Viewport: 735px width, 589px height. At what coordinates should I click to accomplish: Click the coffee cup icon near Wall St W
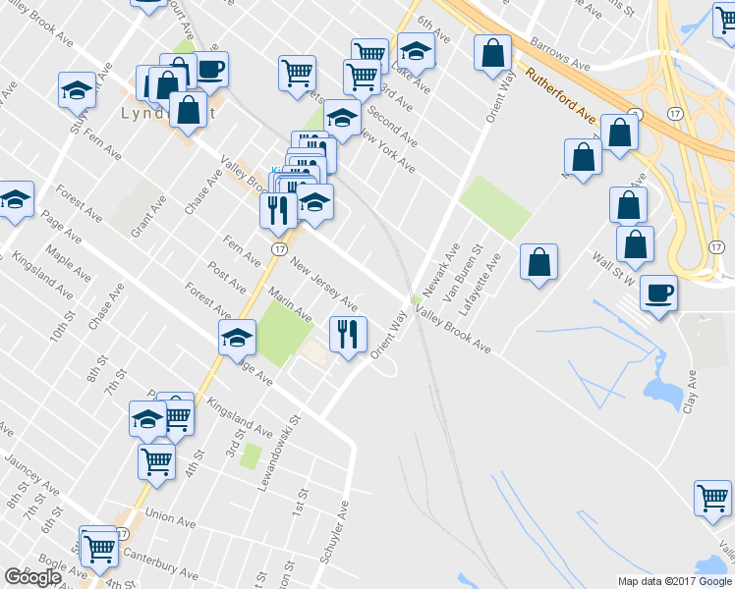coord(657,293)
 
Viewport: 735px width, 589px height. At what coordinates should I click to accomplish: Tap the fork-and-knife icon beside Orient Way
coord(347,335)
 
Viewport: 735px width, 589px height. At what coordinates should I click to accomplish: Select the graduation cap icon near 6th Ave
coord(417,55)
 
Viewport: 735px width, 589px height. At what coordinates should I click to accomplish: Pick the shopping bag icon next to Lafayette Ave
coord(538,262)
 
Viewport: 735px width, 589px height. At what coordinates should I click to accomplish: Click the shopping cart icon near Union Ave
coord(156,459)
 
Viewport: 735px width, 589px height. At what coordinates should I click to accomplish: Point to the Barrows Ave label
coord(559,56)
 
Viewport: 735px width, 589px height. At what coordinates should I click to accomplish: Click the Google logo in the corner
coord(33,577)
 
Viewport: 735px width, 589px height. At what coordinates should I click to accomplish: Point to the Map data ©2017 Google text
coord(673,581)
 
